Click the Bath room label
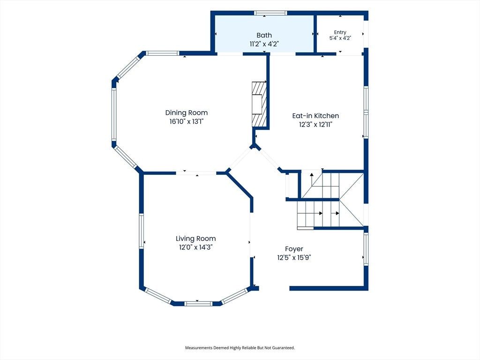264,35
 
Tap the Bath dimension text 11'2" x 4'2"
264,44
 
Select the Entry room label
340,32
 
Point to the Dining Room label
187,112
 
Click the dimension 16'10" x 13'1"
187,121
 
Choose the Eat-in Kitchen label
315,116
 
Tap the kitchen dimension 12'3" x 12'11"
315,125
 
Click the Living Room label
195,239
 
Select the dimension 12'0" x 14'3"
195,247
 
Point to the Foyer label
294,249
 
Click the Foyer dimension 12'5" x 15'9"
294,258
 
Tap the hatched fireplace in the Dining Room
259,104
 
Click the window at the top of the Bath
270,13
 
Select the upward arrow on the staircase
312,180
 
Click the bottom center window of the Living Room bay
198,304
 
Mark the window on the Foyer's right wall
366,248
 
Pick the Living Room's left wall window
142,231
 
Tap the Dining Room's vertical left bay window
114,114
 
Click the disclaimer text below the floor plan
240,348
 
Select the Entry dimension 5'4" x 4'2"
340,38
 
